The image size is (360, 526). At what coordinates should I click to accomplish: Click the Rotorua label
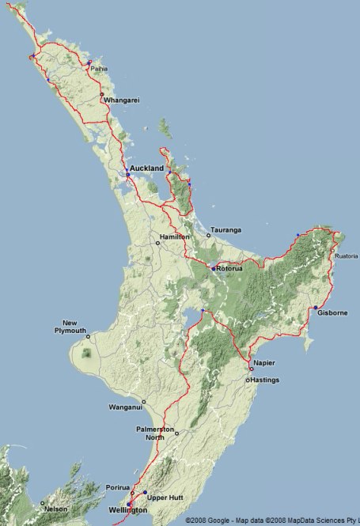[232, 270]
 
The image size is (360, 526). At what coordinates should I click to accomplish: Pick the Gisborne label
[332, 313]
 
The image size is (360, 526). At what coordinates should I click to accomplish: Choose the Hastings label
[266, 380]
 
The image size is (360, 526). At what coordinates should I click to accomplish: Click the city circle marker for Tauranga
[209, 235]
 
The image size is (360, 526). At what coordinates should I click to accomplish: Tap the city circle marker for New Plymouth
[89, 336]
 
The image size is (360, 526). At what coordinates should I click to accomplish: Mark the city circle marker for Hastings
[247, 380]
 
